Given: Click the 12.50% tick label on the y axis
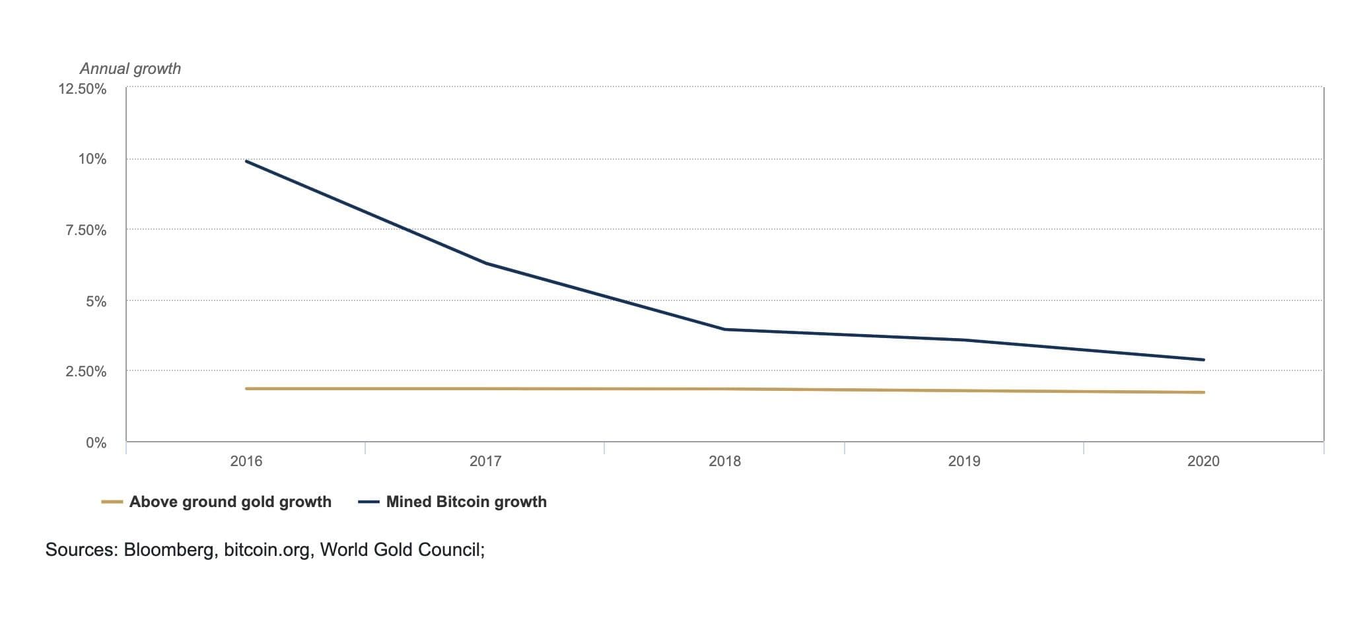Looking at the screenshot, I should pos(82,89).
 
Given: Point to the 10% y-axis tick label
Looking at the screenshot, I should pos(92,159).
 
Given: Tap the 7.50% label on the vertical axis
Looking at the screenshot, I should pos(85,230).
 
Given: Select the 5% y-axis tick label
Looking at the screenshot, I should pos(96,302).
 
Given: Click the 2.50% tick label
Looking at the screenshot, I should pos(85,372).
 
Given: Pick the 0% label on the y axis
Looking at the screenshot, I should pos(96,443).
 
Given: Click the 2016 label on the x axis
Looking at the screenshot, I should pos(246,462).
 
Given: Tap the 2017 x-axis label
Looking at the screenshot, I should pos(485,462).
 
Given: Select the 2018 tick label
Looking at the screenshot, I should pos(724,462).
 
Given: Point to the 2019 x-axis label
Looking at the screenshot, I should pos(964,462).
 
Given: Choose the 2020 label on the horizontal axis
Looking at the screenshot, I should pos(1203,462).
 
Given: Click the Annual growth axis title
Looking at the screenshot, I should pos(130,69).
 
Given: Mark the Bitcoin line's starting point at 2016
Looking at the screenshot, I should pos(246,161).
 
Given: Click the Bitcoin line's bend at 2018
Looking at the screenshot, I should pos(724,329).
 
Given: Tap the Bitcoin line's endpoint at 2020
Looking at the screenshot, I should pos(1203,360).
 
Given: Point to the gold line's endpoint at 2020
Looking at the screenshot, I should pos(1203,392).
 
